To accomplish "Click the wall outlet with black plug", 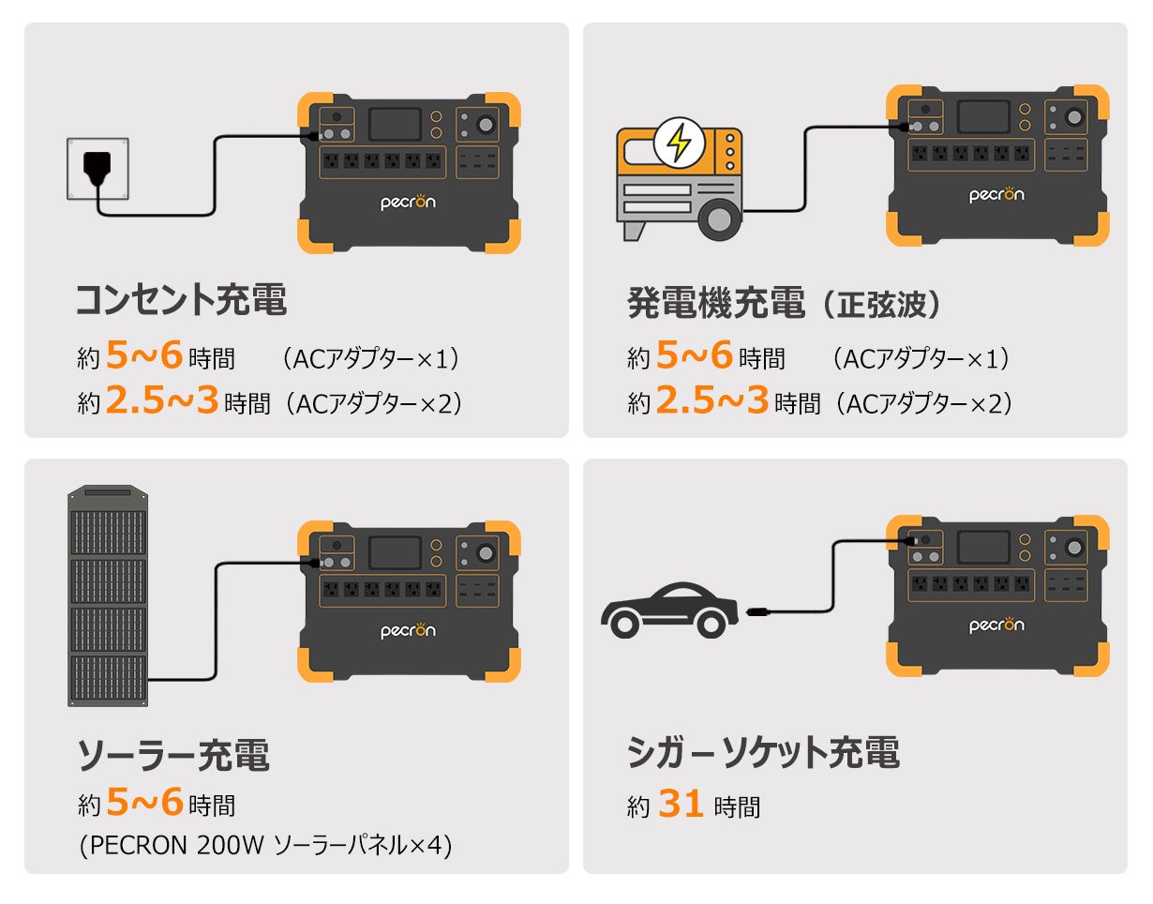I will click(x=97, y=169).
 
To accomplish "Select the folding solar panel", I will click(x=107, y=596).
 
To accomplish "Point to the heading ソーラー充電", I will click(x=173, y=755).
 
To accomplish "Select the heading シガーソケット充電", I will click(x=763, y=752).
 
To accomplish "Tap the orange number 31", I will click(x=681, y=804).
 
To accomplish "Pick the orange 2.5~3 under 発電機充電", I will click(x=711, y=401).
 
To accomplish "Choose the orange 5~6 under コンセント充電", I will click(x=143, y=356).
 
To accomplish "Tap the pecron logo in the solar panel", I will click(x=408, y=630).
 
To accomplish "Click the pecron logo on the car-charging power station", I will click(x=996, y=625).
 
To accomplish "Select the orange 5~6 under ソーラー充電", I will click(x=143, y=803).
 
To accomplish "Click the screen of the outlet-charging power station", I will click(x=395, y=125).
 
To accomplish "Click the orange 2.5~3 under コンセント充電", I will click(x=161, y=401).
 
